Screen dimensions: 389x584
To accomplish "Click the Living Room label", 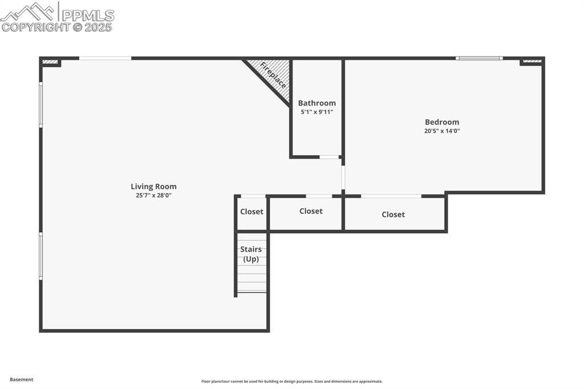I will coord(153,187).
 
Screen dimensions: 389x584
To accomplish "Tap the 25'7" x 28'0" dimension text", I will coord(153,196).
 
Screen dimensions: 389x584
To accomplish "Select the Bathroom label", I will coord(317,103).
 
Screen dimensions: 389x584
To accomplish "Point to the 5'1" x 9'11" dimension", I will coord(317,112).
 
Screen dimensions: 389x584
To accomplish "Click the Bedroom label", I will coord(442,122).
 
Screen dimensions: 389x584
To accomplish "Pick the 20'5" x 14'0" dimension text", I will coord(442,131).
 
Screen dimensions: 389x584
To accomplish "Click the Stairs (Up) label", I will coord(251,254).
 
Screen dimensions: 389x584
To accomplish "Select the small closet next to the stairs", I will coord(252,212).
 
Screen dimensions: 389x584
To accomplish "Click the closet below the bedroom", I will coord(393,214).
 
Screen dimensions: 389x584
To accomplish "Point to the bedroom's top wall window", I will coord(479,58).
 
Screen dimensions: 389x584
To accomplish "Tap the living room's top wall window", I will coord(105,58).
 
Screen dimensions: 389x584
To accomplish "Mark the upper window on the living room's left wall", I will coord(40,105).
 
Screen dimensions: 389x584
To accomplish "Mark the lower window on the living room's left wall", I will coord(40,256).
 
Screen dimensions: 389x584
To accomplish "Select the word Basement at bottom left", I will coord(22,379).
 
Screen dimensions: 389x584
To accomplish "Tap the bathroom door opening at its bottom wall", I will coord(329,157).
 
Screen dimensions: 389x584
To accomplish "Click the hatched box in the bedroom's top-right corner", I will coord(532,61).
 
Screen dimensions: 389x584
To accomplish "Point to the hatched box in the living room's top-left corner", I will coord(50,62).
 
